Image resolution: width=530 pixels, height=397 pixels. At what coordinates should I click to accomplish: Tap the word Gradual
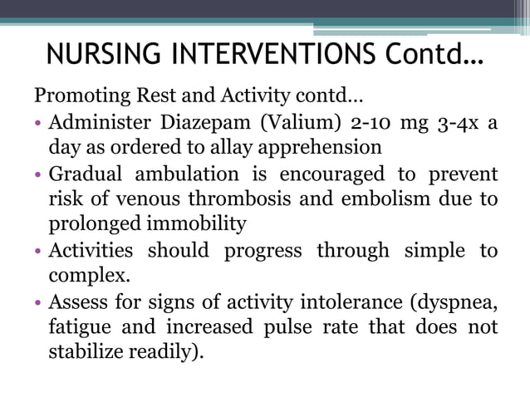tap(84, 174)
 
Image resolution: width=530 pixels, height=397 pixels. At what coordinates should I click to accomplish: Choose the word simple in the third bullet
tap(433, 251)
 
